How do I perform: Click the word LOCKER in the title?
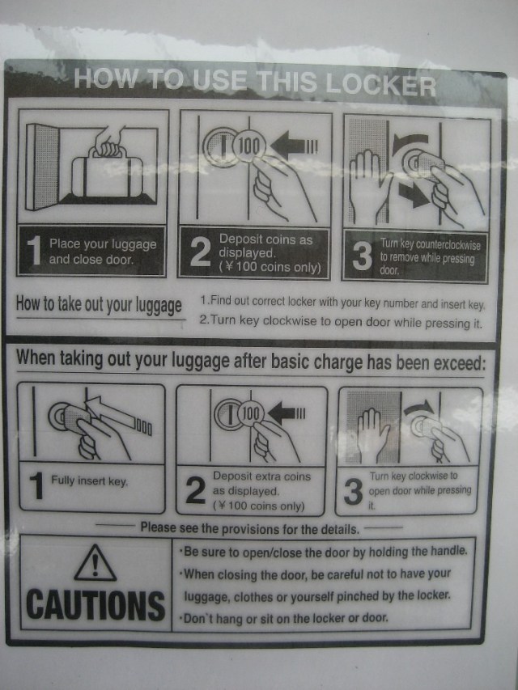tap(381, 83)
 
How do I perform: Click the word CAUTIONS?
tap(95, 604)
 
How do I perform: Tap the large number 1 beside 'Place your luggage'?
tap(33, 251)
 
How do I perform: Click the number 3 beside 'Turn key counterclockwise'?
tap(362, 257)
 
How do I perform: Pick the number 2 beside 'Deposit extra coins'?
tap(195, 491)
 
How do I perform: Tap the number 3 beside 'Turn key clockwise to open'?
tap(353, 491)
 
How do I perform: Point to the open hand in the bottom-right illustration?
tap(373, 433)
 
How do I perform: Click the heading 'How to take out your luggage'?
tap(99, 305)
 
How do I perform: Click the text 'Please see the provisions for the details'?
tap(249, 528)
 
